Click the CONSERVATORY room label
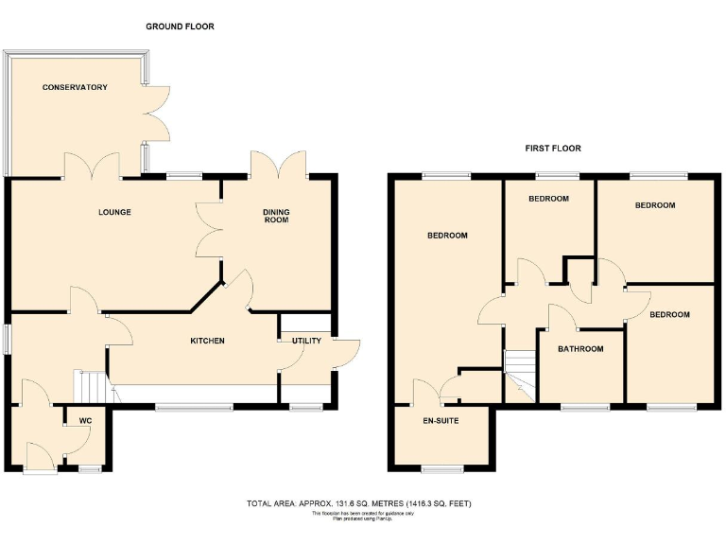click(75, 87)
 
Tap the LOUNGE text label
click(113, 212)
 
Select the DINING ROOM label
click(275, 216)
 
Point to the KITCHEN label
click(207, 341)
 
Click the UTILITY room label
click(293, 340)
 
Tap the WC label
click(85, 419)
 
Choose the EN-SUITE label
click(441, 419)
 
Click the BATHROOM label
click(580, 349)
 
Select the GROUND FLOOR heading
click(180, 26)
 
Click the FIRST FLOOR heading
click(553, 149)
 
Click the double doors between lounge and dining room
click(207, 231)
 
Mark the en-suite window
click(441, 468)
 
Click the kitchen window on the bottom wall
click(194, 407)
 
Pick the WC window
click(90, 468)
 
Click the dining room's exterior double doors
click(277, 163)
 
